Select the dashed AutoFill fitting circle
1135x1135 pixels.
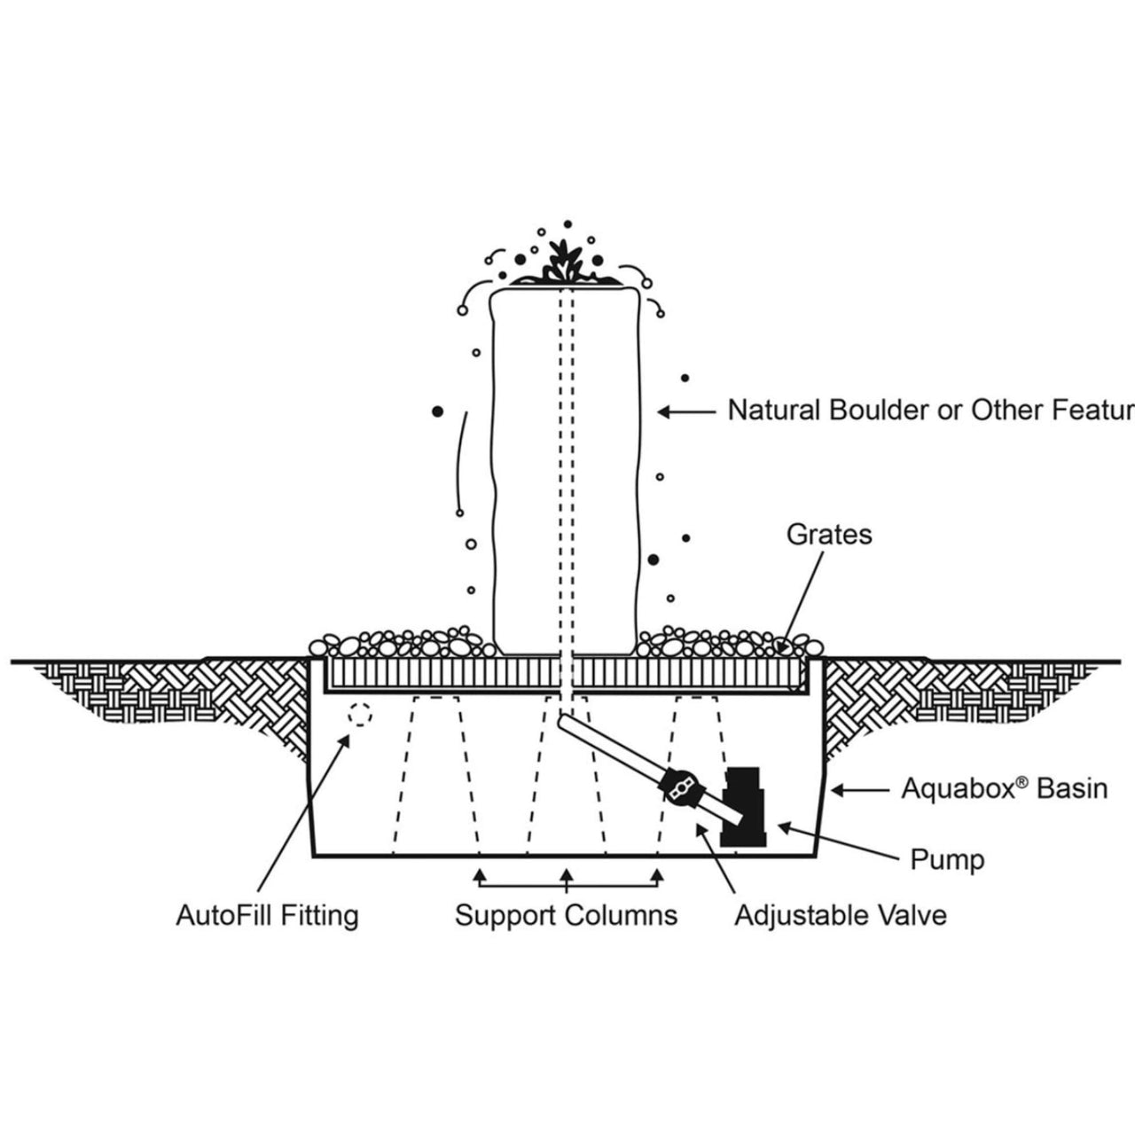coord(359,715)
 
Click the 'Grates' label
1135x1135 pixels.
coord(829,535)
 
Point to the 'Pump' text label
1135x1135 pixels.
coord(947,858)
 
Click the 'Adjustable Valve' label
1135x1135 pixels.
coord(840,914)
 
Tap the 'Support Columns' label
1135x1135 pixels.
coord(566,914)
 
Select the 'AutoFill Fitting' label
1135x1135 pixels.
coord(267,914)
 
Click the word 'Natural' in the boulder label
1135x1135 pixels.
coord(774,411)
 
